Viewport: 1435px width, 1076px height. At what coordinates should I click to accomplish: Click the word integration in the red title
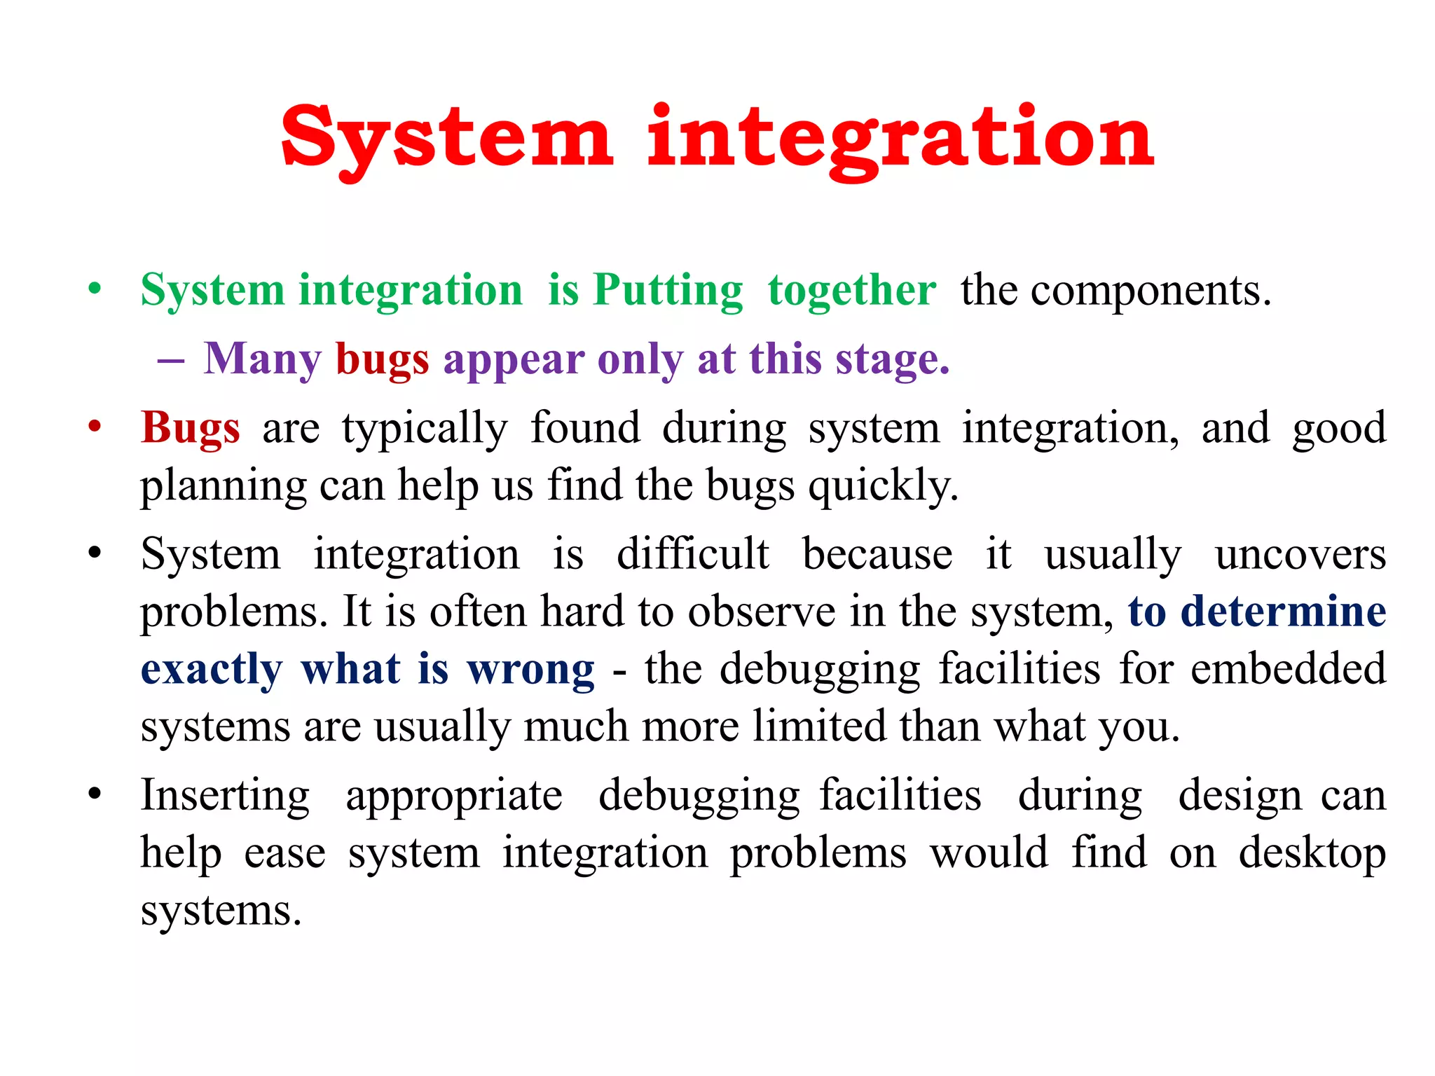coord(900,138)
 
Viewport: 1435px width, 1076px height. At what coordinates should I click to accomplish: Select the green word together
coord(851,290)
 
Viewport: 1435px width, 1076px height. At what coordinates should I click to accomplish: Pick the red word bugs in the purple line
coord(382,359)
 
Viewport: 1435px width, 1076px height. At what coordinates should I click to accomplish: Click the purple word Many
coord(262,359)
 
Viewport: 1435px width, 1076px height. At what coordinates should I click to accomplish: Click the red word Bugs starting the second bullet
coord(190,428)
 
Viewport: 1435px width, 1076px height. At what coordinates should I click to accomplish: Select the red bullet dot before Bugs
coord(95,427)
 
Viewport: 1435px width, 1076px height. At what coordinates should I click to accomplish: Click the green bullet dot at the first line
coord(95,289)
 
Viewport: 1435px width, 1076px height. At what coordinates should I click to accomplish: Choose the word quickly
coord(883,485)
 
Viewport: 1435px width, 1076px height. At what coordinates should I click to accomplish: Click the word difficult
coord(692,554)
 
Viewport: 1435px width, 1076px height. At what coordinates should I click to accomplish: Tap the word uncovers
coord(1300,554)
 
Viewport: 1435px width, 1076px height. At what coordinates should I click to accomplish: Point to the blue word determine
coord(1283,612)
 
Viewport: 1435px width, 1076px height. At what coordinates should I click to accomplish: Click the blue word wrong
coord(531,669)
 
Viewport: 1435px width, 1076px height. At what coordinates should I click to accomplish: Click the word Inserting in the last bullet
coord(225,796)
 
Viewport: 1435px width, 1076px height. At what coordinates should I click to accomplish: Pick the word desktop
coord(1312,854)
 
